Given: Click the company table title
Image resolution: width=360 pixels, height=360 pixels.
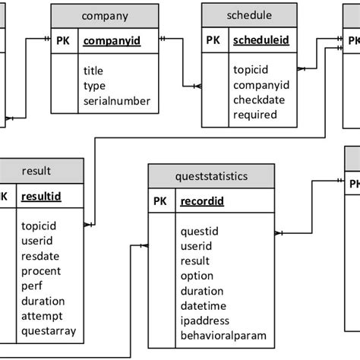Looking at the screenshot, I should tap(104, 16).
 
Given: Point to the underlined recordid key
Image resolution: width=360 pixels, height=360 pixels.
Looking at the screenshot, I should tap(203, 202).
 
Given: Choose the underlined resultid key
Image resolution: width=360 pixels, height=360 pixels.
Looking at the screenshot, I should tap(41, 197).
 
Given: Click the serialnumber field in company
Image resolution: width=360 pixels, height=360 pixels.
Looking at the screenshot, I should tap(117, 101).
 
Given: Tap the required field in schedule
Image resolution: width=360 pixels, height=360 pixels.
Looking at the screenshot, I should tap(255, 115).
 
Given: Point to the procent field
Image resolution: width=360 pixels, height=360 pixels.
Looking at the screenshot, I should tap(41, 271).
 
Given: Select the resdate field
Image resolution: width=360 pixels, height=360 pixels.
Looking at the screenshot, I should tap(41, 256).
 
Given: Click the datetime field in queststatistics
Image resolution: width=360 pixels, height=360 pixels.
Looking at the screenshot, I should tap(204, 306).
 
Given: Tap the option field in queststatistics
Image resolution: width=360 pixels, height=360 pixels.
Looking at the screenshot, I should tap(197, 276).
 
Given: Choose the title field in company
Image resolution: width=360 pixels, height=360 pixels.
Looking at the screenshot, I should tap(93, 71).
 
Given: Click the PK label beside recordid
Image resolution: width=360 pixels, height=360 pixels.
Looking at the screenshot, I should tap(160, 202).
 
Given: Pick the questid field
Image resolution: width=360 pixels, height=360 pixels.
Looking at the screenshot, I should tap(200, 232).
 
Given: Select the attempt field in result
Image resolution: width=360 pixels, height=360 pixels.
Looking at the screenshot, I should tap(42, 315).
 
